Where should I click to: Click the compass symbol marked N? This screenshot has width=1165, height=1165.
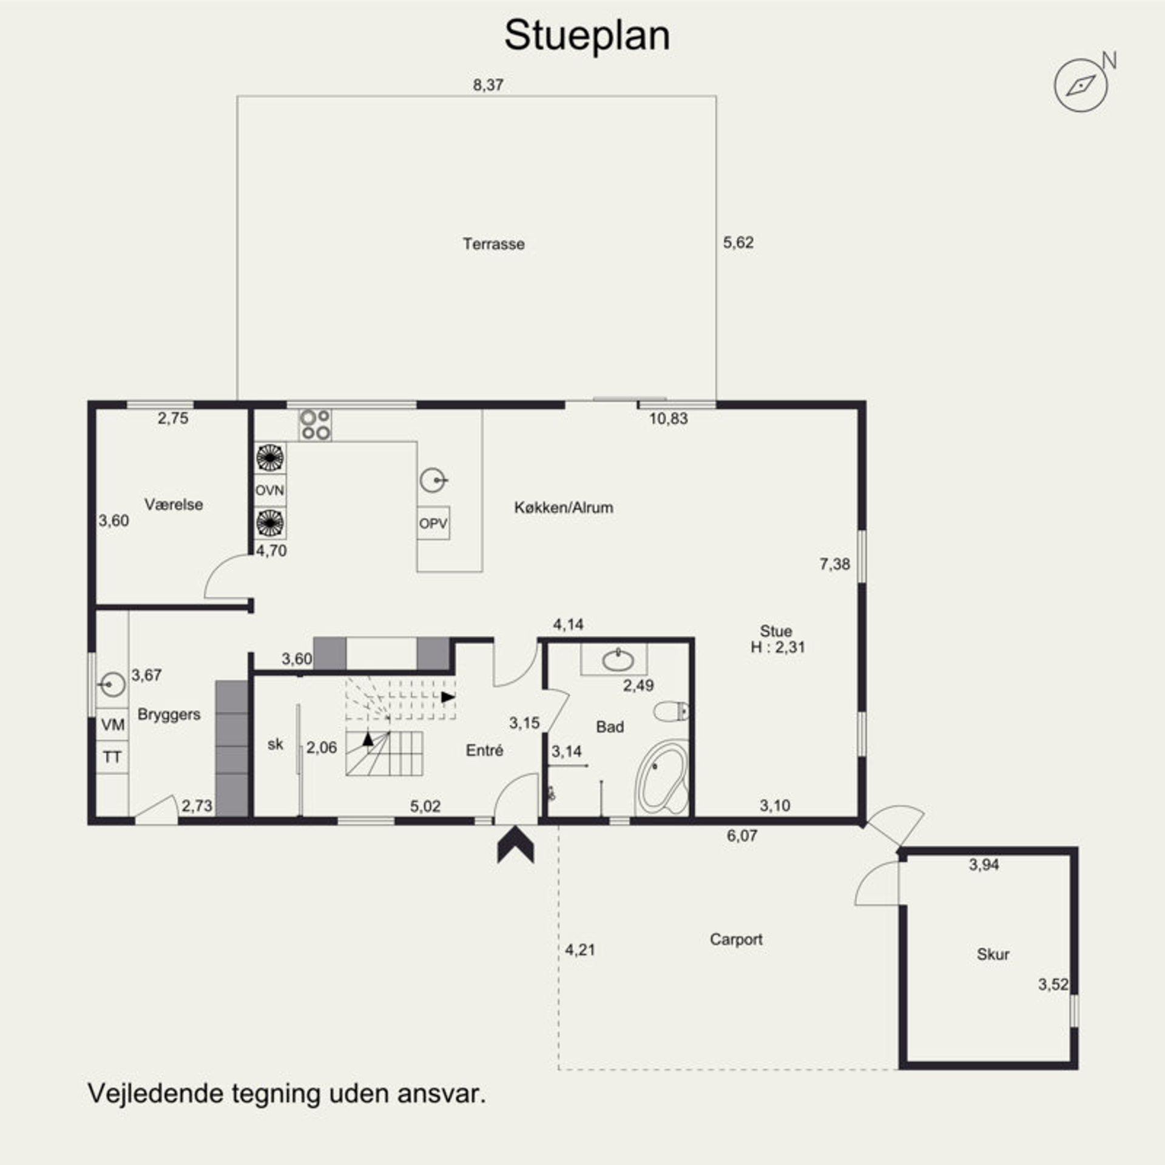point(1081,86)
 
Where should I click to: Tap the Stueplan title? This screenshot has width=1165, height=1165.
point(587,35)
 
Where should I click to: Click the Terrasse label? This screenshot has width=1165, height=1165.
point(493,244)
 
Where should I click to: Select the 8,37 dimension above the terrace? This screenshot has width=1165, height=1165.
point(488,85)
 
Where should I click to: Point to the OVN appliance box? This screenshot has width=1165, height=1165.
point(270,490)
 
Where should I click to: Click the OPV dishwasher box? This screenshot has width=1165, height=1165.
point(433,523)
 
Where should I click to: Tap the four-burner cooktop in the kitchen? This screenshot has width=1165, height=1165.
point(315,425)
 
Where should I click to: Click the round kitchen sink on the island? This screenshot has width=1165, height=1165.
point(433,481)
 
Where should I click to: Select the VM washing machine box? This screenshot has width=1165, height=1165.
point(113,724)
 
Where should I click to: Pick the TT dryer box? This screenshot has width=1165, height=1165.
point(113,757)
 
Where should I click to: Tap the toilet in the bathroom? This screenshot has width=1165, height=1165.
point(672,711)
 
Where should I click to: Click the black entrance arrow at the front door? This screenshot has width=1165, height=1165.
point(515,844)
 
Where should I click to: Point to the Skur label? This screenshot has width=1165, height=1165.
point(993,954)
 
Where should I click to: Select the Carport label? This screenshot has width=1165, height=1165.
point(736,939)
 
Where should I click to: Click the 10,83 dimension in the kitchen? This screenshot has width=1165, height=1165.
point(669,419)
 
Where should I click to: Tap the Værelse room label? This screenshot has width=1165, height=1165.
point(174,504)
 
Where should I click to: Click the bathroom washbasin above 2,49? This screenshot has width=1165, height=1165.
point(618,660)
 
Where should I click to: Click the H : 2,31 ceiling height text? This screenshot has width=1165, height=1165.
point(778,647)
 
